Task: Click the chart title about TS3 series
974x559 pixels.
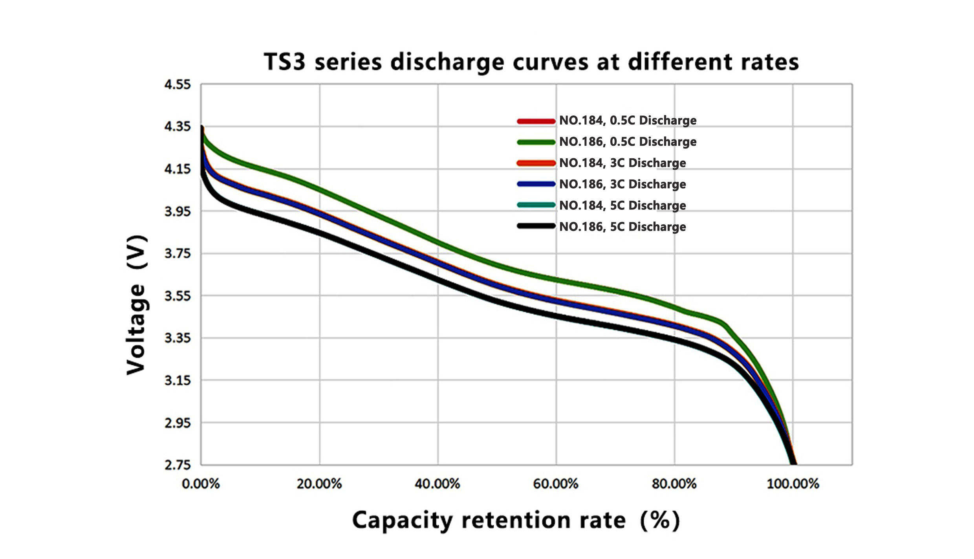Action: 531,62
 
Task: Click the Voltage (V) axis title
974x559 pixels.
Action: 137,305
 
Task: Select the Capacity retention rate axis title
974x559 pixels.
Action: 516,520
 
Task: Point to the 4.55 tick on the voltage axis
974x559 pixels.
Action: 177,84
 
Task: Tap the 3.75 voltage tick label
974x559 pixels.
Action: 177,253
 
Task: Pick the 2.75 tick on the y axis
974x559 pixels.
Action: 177,465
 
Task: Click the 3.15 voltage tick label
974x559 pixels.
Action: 177,380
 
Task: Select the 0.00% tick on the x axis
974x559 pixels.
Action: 201,484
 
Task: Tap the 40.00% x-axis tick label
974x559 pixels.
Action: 438,484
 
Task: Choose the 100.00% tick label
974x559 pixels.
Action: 793,484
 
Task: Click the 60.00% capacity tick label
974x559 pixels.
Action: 556,484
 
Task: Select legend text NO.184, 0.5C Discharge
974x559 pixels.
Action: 628,120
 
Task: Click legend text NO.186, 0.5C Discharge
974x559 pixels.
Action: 628,141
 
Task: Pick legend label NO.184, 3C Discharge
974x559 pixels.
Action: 622,163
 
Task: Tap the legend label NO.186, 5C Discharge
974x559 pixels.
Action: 622,227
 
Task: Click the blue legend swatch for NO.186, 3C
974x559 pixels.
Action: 536,184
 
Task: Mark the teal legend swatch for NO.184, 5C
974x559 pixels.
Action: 536,205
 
